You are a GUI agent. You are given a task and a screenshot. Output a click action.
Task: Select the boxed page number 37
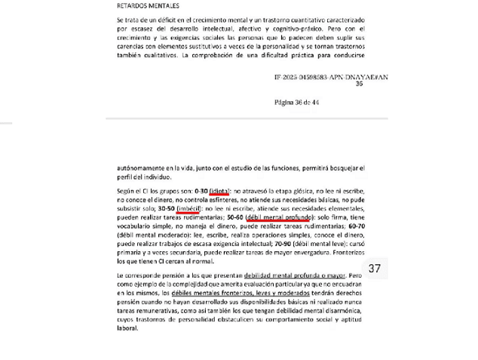pyautogui.click(x=375, y=268)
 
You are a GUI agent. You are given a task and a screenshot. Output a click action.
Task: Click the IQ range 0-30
pyautogui.click(x=201, y=192)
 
